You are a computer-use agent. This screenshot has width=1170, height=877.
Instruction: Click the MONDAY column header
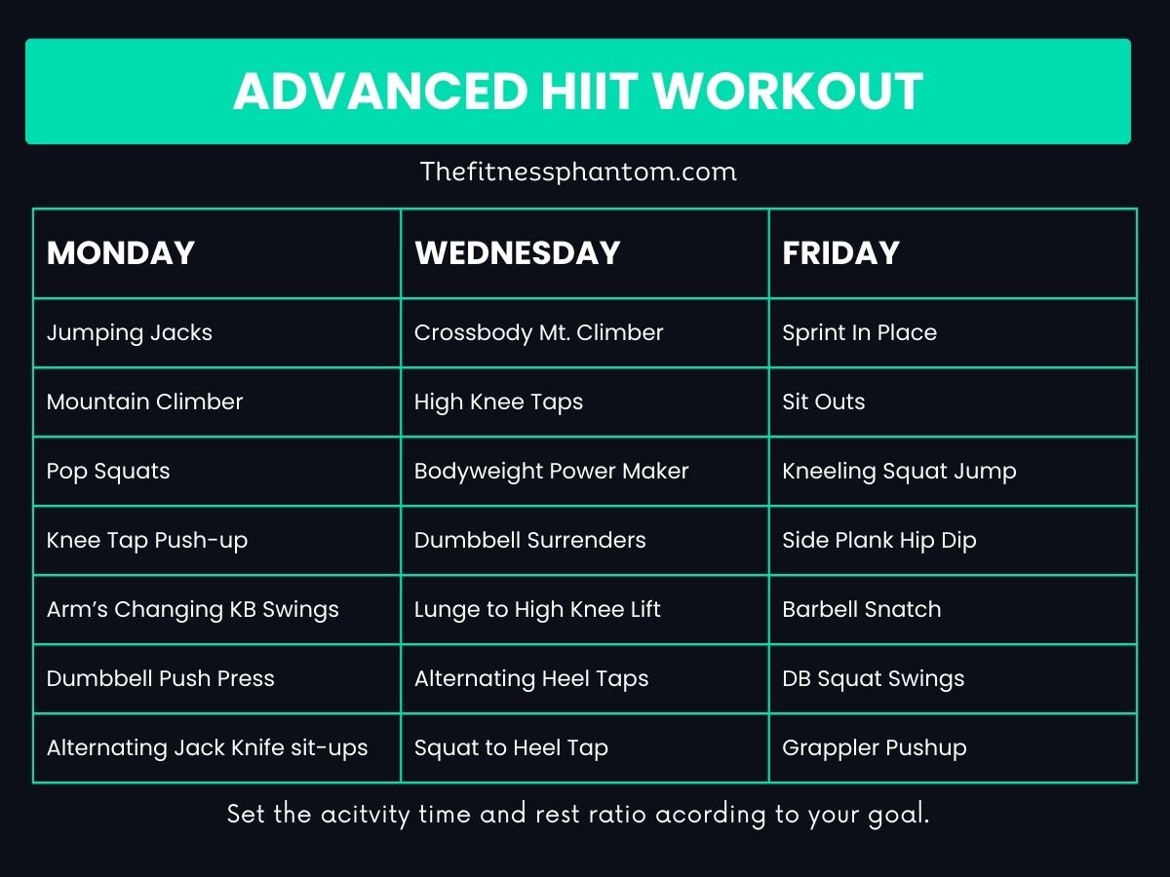point(121,253)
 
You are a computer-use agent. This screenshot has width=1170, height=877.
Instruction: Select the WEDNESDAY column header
point(518,253)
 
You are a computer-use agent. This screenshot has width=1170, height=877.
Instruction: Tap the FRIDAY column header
point(840,253)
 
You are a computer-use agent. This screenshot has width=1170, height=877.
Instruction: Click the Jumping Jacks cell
point(130,333)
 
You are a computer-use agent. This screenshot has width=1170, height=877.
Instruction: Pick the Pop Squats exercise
point(108,472)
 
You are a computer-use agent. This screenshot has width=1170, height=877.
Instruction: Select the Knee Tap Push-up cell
point(147,541)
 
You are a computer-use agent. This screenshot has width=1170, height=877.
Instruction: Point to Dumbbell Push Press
point(161,679)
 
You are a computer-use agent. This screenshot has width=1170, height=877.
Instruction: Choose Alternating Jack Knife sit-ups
point(208,748)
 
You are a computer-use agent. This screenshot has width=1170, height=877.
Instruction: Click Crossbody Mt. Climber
point(538,333)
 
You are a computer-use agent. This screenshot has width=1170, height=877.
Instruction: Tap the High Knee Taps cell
point(498,402)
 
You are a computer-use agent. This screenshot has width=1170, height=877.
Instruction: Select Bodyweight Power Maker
point(551,472)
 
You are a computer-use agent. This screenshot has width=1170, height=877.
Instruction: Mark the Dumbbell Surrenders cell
point(529,541)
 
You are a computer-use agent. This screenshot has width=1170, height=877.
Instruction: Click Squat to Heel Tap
point(511,748)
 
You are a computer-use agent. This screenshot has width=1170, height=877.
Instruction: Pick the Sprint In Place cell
point(859,333)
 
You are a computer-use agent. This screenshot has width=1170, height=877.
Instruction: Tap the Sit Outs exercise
point(823,402)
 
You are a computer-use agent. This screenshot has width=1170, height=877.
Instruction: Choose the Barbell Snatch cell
point(861,610)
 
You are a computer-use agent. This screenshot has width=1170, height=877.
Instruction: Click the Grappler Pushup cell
point(874,748)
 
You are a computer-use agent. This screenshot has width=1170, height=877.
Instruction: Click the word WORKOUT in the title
point(788,92)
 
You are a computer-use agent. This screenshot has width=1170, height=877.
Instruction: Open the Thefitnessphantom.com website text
point(578,172)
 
